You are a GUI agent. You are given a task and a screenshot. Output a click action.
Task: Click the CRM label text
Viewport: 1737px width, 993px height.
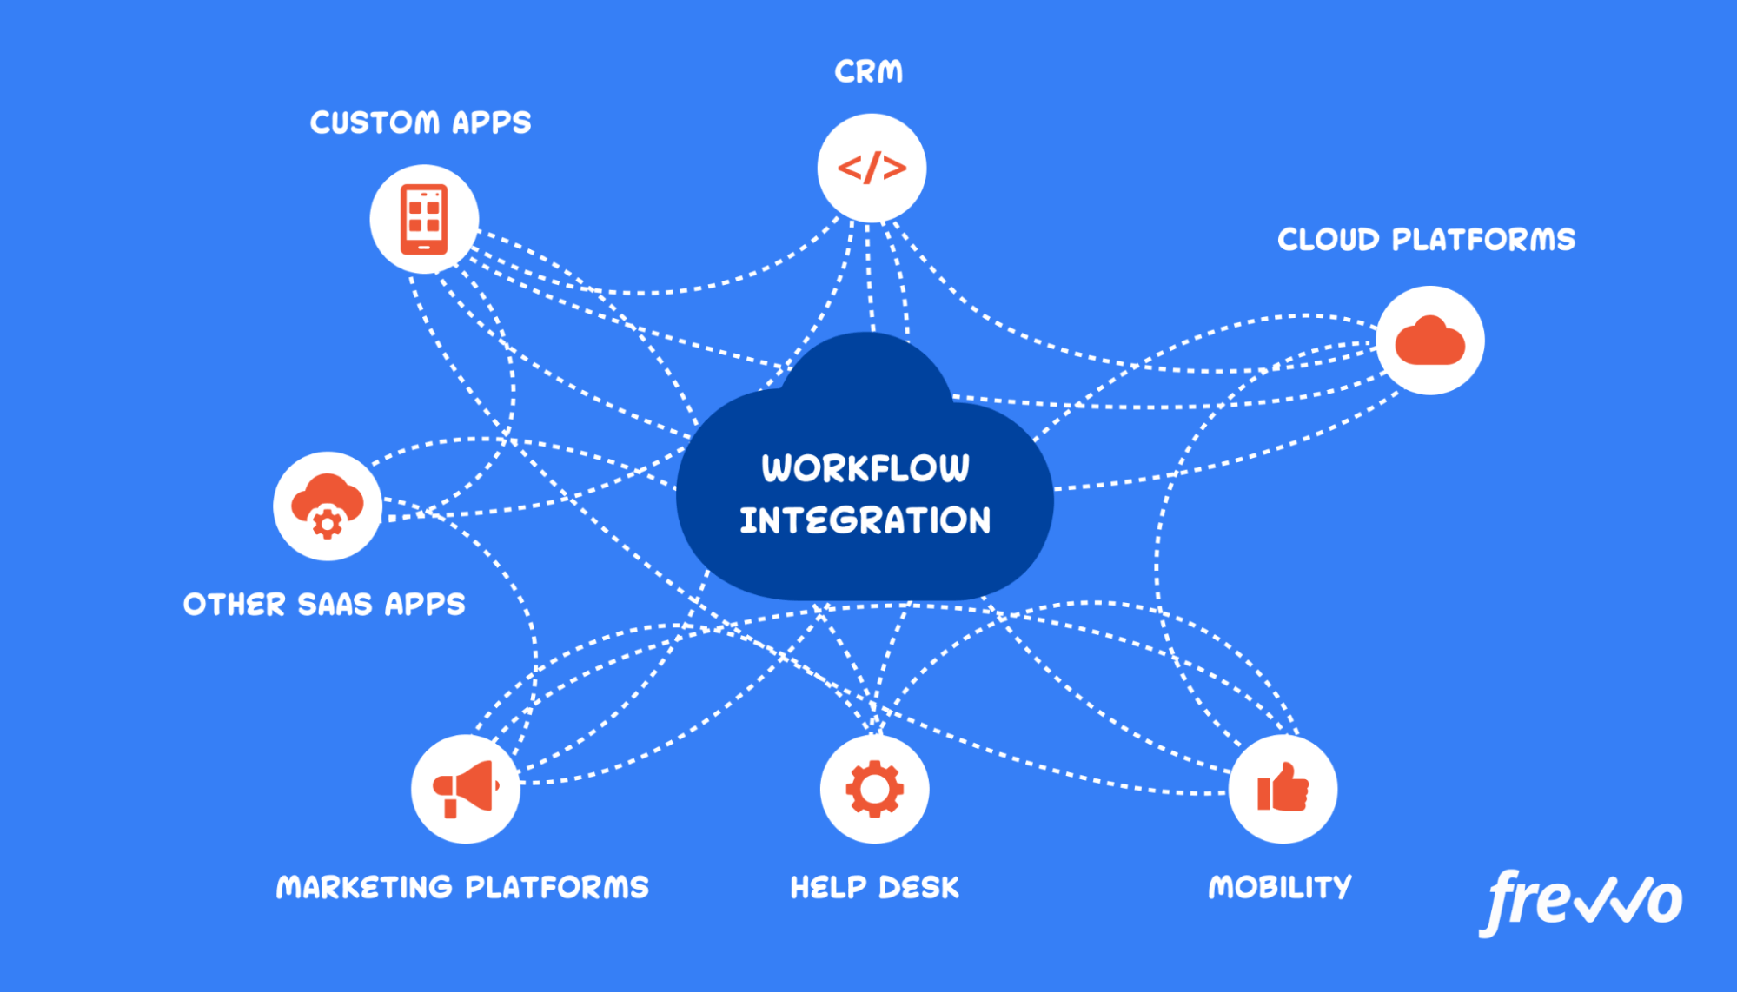pyautogui.click(x=868, y=71)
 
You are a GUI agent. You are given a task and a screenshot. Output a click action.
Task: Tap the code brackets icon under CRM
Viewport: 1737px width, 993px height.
pyautogui.click(x=872, y=168)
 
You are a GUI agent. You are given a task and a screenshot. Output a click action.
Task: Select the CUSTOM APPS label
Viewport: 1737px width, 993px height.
pyautogui.click(x=421, y=122)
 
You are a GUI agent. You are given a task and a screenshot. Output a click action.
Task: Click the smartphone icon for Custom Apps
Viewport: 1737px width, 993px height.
pyautogui.click(x=424, y=219)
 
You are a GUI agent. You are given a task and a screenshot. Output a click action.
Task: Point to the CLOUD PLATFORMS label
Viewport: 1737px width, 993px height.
pyautogui.click(x=1426, y=240)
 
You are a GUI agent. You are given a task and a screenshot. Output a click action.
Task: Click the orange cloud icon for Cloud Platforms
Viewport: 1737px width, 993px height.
pyautogui.click(x=1429, y=341)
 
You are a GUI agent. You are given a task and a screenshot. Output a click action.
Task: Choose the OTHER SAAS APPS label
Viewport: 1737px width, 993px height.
pyautogui.click(x=324, y=605)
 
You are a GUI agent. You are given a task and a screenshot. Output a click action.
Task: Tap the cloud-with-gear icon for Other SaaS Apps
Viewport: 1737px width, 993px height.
pyautogui.click(x=328, y=506)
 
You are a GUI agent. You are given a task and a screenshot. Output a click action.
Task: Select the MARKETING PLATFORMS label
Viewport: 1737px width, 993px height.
pyautogui.click(x=462, y=887)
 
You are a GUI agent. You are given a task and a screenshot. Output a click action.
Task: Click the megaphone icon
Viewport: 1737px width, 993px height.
pyautogui.click(x=466, y=789)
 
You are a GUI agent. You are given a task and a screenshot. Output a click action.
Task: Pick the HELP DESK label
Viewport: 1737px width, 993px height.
pyautogui.click(x=874, y=887)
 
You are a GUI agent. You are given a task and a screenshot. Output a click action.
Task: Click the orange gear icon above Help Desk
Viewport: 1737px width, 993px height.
pyautogui.click(x=874, y=789)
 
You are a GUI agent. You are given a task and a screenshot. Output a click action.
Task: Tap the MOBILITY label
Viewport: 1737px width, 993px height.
pyautogui.click(x=1280, y=887)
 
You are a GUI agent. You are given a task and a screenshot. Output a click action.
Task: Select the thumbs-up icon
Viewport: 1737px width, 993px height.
pyautogui.click(x=1283, y=789)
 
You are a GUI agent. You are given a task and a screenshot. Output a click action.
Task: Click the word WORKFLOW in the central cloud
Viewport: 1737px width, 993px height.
pyautogui.click(x=865, y=468)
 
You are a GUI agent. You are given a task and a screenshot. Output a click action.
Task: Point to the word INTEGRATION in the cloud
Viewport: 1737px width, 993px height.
pyautogui.click(x=865, y=520)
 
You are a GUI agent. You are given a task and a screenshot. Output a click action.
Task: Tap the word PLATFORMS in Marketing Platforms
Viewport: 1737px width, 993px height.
pyautogui.click(x=557, y=887)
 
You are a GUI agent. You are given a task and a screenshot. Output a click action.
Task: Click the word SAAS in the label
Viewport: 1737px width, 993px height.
pyautogui.click(x=335, y=605)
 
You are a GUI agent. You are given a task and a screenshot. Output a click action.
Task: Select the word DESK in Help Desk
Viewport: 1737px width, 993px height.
pyautogui.click(x=918, y=887)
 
